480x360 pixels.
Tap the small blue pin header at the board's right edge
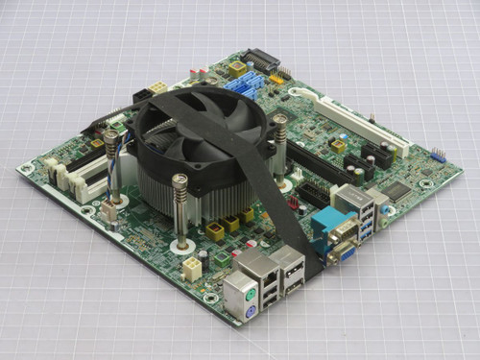pos(437,155)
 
